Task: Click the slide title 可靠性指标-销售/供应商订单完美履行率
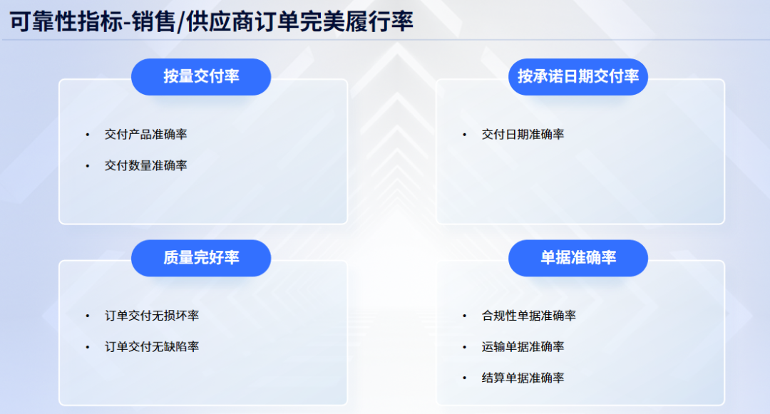[212, 21]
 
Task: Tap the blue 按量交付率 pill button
[201, 77]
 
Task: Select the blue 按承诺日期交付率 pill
[577, 77]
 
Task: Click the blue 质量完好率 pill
[201, 258]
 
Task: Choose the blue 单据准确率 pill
[577, 258]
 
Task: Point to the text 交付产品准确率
[145, 134]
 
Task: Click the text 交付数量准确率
[145, 165]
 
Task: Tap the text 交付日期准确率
[523, 134]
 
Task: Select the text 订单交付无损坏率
[151, 316]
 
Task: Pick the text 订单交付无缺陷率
[151, 347]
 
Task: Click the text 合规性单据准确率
[528, 316]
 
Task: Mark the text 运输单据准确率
[523, 347]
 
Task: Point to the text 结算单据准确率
[523, 378]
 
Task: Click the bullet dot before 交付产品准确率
[88, 134]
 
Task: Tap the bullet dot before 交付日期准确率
[465, 134]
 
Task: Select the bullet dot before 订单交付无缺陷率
[88, 347]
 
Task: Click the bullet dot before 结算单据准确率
[465, 378]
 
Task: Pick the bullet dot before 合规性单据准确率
[465, 316]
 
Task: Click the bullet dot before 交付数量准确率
[88, 165]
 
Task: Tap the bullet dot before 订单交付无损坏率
[88, 316]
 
